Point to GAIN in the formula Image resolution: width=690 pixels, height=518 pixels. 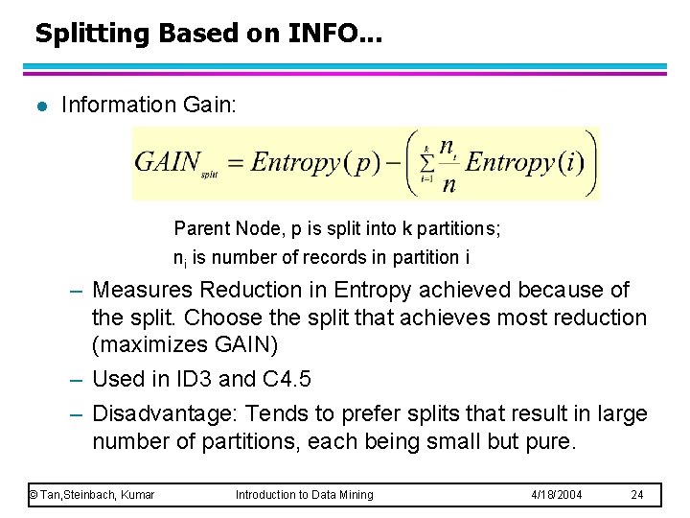click(169, 161)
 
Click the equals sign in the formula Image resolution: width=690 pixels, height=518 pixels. click(235, 162)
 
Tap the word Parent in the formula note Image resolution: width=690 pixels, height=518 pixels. click(202, 228)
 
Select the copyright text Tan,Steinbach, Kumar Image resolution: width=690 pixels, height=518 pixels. click(92, 495)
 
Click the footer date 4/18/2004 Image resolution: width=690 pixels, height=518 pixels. click(557, 495)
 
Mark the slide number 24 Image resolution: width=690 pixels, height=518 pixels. click(637, 495)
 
